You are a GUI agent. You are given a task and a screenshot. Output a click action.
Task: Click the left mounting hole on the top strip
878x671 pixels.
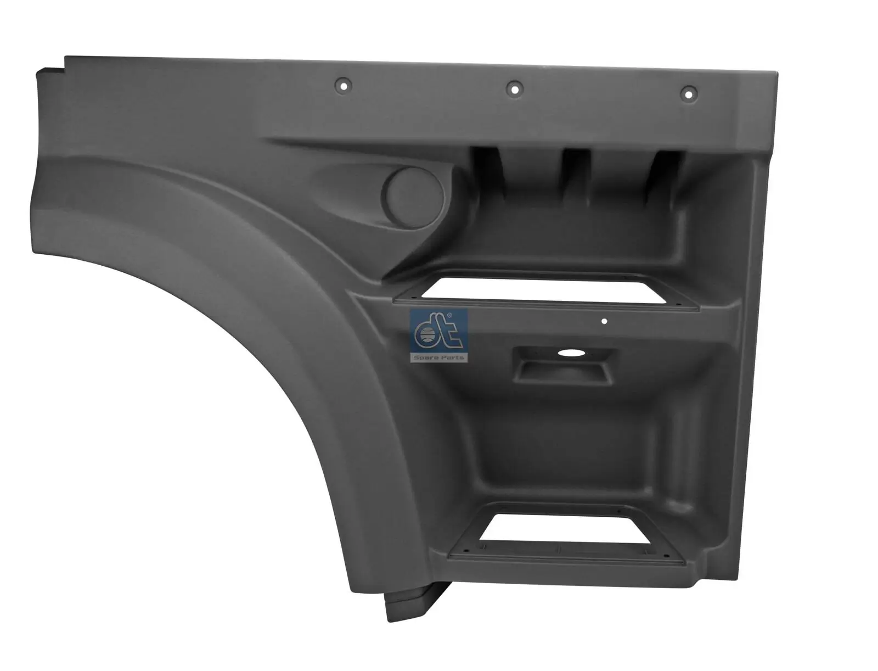coord(345,86)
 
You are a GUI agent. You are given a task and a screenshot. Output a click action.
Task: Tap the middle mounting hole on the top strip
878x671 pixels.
coord(514,87)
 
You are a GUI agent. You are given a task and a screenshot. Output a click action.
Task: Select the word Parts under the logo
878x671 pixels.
coord(453,357)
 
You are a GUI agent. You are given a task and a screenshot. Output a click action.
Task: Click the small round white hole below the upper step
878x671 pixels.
coord(604,322)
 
